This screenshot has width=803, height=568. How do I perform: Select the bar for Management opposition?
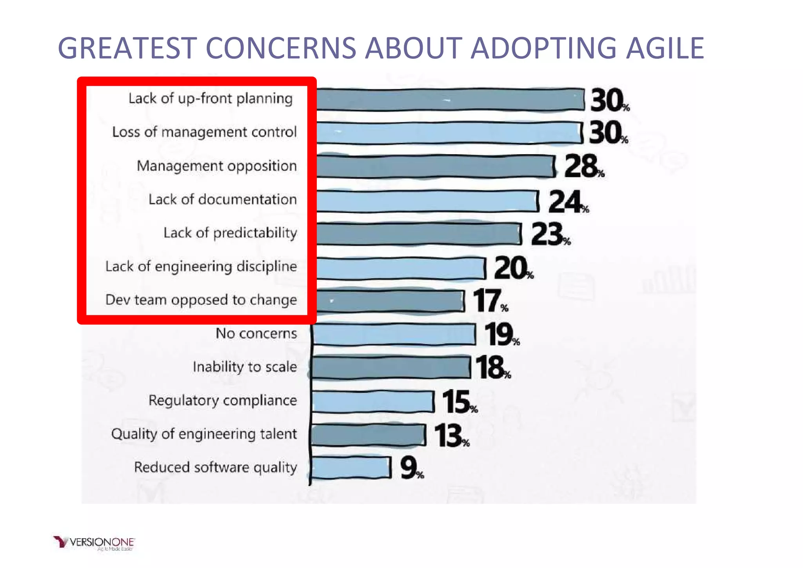point(435,166)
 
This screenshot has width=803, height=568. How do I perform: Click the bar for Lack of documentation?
point(427,201)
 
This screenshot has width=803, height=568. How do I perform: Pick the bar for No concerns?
point(394,334)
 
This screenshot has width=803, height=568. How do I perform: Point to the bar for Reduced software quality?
point(351,468)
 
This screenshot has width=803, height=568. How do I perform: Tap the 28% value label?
point(583,166)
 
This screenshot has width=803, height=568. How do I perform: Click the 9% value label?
point(411,468)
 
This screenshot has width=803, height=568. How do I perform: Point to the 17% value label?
point(489,301)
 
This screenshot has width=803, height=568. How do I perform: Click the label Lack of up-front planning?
point(211,98)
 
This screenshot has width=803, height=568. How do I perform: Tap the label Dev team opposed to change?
point(201,300)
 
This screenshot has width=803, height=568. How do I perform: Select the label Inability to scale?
point(245,367)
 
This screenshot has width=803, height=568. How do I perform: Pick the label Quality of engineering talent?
point(204,434)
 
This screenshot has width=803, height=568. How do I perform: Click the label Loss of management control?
point(204,132)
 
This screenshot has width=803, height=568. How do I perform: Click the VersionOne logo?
point(94,543)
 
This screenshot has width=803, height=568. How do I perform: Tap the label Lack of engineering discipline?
point(201,267)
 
